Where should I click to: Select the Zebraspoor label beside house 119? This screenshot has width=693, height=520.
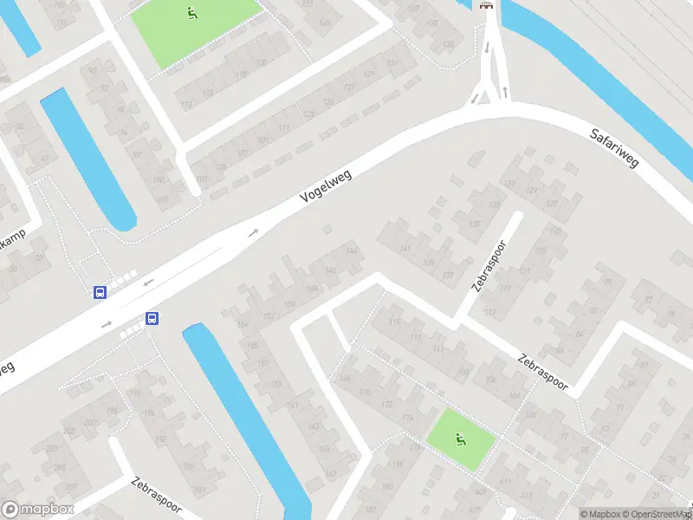(491, 263)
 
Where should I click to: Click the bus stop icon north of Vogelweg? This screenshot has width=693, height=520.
(100, 292)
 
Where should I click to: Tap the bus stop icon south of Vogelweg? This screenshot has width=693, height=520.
(152, 318)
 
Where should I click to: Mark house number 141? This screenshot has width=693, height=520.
(405, 249)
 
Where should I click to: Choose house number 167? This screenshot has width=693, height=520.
(331, 472)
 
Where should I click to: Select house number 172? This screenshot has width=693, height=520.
(387, 405)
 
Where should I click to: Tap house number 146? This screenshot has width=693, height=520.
(330, 270)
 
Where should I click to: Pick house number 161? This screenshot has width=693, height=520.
(292, 405)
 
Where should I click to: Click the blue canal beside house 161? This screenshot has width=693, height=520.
(243, 407)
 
